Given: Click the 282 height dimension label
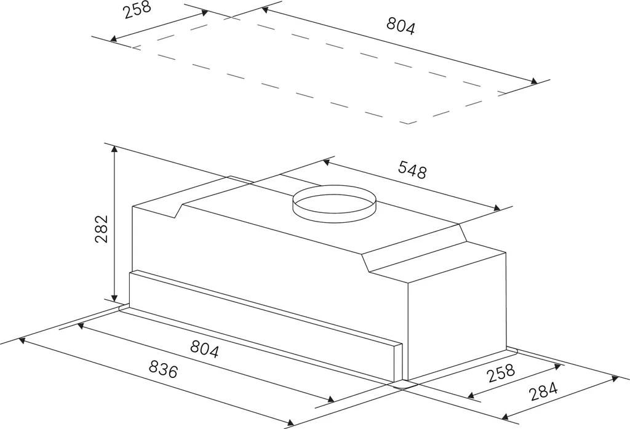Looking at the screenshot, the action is [x=102, y=229].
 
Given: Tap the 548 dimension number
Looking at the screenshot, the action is [x=412, y=170].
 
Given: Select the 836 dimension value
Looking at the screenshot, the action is [x=163, y=369].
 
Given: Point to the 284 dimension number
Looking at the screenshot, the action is [x=544, y=391].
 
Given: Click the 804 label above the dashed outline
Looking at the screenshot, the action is [x=401, y=26].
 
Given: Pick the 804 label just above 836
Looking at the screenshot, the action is [x=204, y=348].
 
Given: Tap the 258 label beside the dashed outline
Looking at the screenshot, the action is [x=137, y=10].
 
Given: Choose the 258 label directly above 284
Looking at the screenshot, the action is [x=501, y=373].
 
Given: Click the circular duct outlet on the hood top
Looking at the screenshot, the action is [x=334, y=204].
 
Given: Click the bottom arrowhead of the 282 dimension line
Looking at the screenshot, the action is [x=114, y=298].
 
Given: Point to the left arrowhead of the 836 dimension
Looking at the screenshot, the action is [x=22, y=340].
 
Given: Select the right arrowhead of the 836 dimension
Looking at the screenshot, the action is [x=290, y=422].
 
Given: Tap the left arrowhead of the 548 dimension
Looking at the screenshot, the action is [x=326, y=162].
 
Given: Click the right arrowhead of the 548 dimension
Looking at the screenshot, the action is [x=497, y=208].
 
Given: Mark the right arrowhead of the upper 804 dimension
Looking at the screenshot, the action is [x=534, y=81].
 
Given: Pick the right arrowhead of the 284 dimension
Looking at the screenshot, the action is [x=615, y=379].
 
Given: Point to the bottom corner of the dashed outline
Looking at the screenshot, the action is [x=409, y=124].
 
